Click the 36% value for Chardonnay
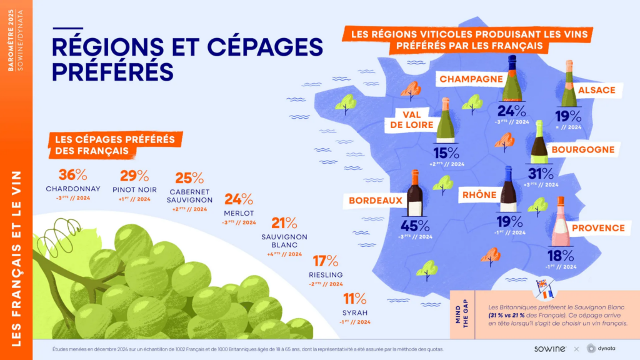(x=72, y=176)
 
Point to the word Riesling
(x=325, y=275)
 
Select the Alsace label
(x=596, y=90)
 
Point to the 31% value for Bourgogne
(x=540, y=174)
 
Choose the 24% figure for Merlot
(x=238, y=199)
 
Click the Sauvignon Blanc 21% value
(x=284, y=223)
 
